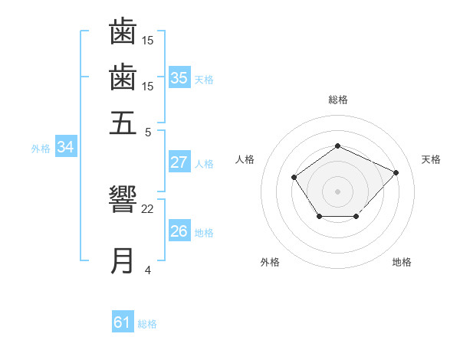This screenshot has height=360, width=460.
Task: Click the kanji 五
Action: tap(123, 123)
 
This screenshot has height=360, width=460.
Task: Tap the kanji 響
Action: tap(123, 201)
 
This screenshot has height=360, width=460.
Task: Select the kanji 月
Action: tap(123, 260)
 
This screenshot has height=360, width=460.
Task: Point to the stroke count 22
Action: tap(148, 208)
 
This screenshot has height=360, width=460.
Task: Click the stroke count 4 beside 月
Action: tap(148, 270)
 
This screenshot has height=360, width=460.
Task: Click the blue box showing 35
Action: tap(179, 77)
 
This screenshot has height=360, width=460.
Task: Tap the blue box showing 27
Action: tap(179, 162)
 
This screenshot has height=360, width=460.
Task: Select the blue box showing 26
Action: tap(179, 231)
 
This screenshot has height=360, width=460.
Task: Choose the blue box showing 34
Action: tap(65, 148)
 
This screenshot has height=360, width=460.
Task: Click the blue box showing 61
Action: tap(123, 322)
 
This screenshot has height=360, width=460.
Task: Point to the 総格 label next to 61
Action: tap(147, 324)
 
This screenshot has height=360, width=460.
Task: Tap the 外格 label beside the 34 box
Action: tap(41, 149)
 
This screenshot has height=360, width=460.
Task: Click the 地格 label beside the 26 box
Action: tap(204, 233)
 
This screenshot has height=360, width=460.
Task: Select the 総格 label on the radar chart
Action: tap(337, 100)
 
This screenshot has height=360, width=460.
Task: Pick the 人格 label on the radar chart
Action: tap(245, 159)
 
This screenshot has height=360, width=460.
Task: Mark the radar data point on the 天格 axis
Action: tap(396, 172)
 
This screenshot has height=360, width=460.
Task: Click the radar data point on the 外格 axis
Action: tap(319, 218)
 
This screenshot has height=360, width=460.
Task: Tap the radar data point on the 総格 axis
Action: tap(337, 146)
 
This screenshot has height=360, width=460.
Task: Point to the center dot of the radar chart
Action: tap(337, 191)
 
